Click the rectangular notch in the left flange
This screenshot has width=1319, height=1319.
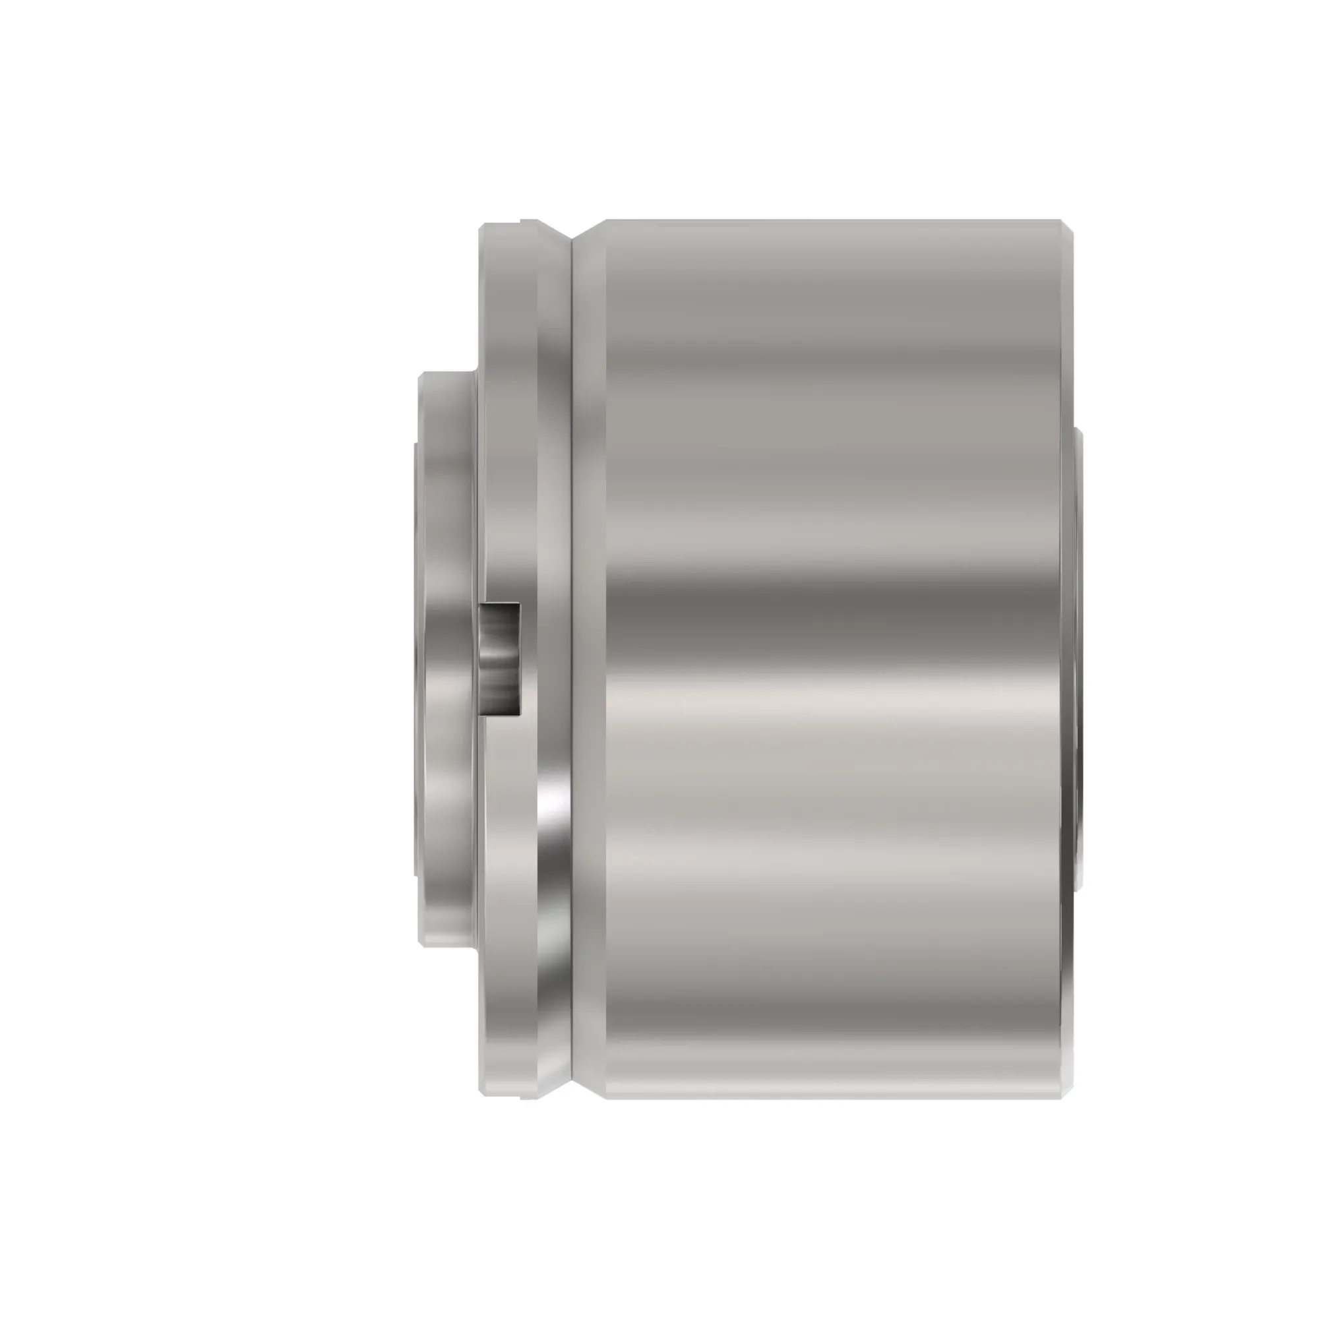coord(499,659)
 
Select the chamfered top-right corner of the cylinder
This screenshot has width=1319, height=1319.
coord(1066,227)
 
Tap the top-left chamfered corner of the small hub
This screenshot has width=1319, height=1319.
coord(422,375)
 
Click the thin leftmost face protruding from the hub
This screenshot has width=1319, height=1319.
coord(415,659)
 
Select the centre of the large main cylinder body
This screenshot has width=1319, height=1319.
coord(833,659)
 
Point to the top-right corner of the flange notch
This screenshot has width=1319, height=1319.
coord(520,604)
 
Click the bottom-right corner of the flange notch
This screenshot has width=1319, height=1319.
coord(520,716)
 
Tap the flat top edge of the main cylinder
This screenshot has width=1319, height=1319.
coord(833,220)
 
